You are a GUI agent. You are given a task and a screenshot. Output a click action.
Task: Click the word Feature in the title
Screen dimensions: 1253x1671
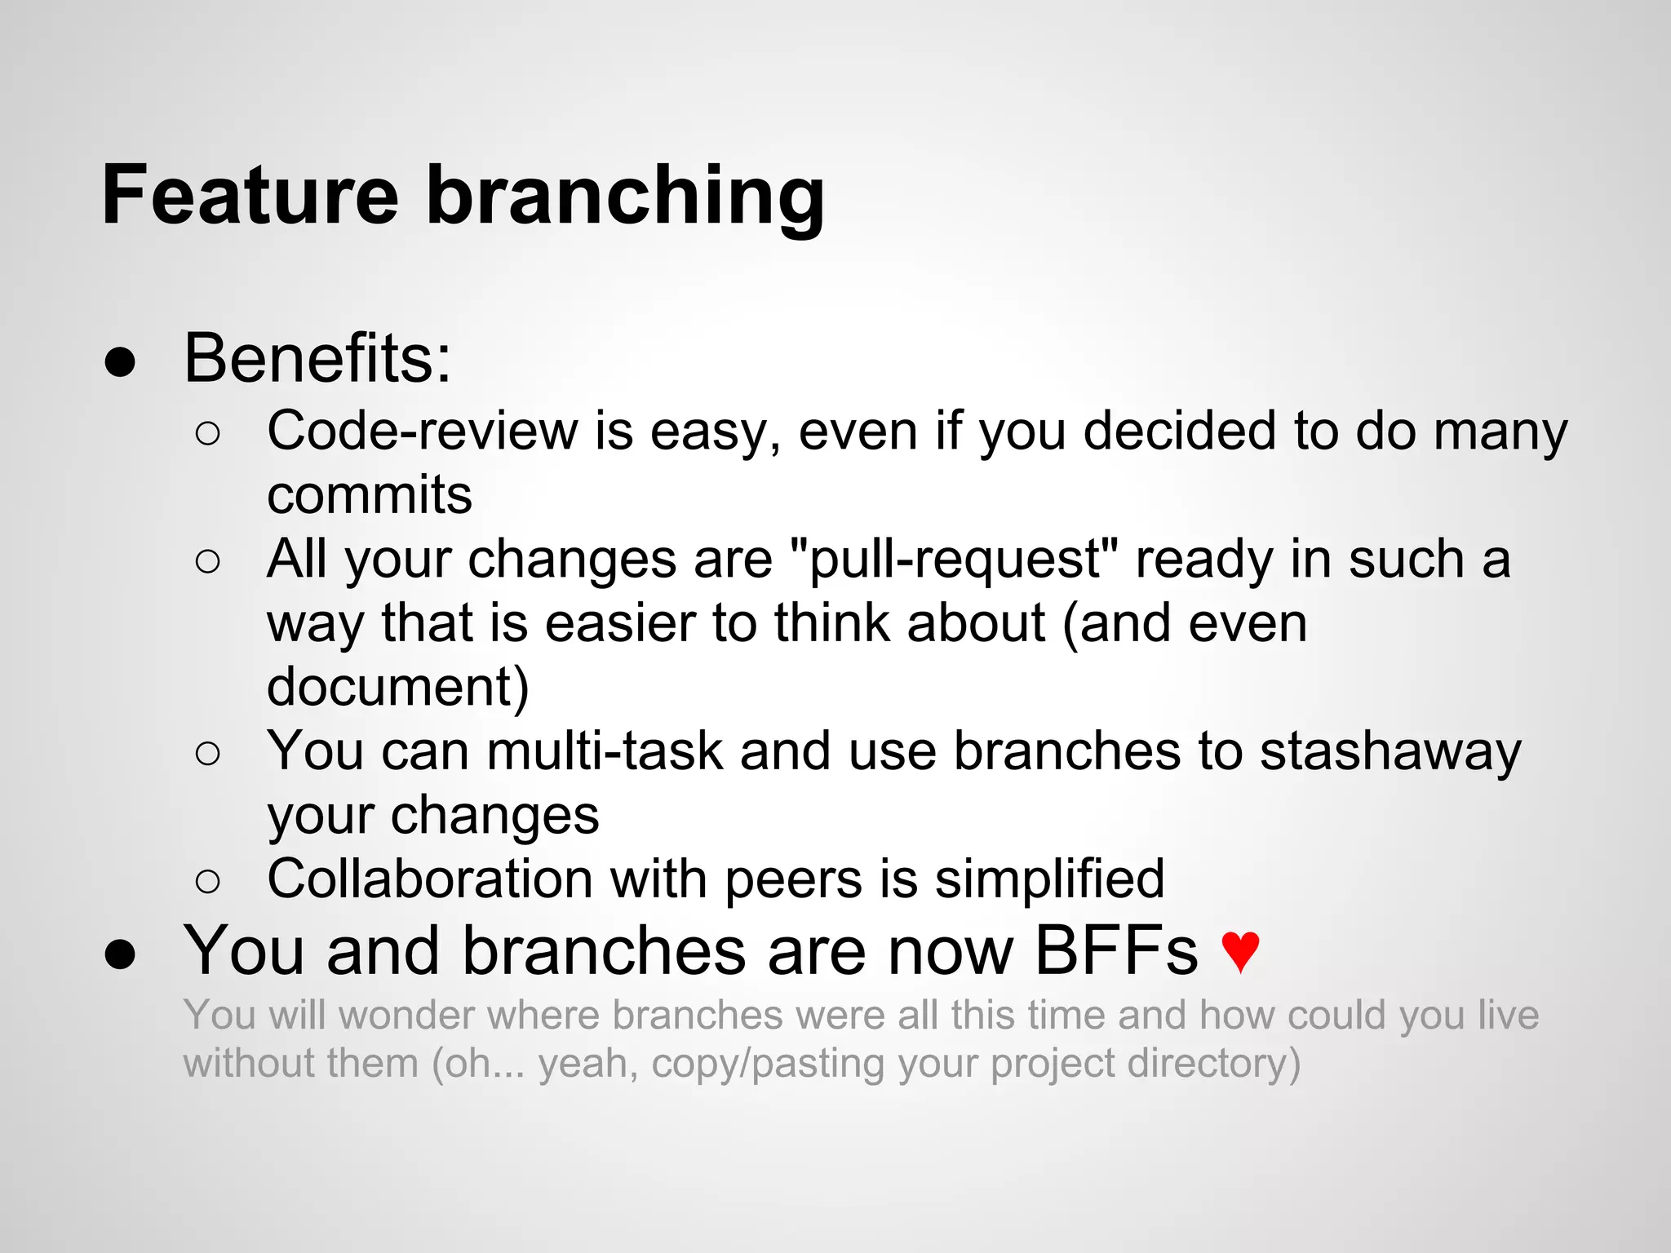(250, 196)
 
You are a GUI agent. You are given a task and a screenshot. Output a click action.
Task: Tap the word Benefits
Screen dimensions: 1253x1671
(317, 359)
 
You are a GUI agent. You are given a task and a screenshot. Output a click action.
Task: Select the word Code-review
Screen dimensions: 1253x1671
(422, 431)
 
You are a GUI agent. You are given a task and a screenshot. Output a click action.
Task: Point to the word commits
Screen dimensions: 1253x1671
(370, 495)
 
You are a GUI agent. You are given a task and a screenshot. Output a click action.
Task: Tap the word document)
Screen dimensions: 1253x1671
(398, 687)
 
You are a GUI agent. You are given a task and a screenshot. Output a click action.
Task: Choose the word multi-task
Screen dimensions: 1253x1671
(605, 751)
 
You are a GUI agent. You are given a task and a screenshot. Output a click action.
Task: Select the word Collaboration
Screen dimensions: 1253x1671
(430, 879)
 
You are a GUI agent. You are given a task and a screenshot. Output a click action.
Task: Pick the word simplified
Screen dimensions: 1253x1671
(1049, 879)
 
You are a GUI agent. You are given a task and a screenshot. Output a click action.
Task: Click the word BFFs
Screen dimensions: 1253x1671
(1116, 951)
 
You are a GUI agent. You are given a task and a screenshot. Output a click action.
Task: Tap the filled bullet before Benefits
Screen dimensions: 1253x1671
(120, 362)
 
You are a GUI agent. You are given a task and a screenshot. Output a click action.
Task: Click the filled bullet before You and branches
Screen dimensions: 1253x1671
(120, 954)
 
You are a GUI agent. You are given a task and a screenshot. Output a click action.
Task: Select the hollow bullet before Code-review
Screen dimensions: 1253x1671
(208, 434)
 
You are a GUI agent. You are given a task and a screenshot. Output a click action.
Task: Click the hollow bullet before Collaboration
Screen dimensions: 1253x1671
(208, 882)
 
